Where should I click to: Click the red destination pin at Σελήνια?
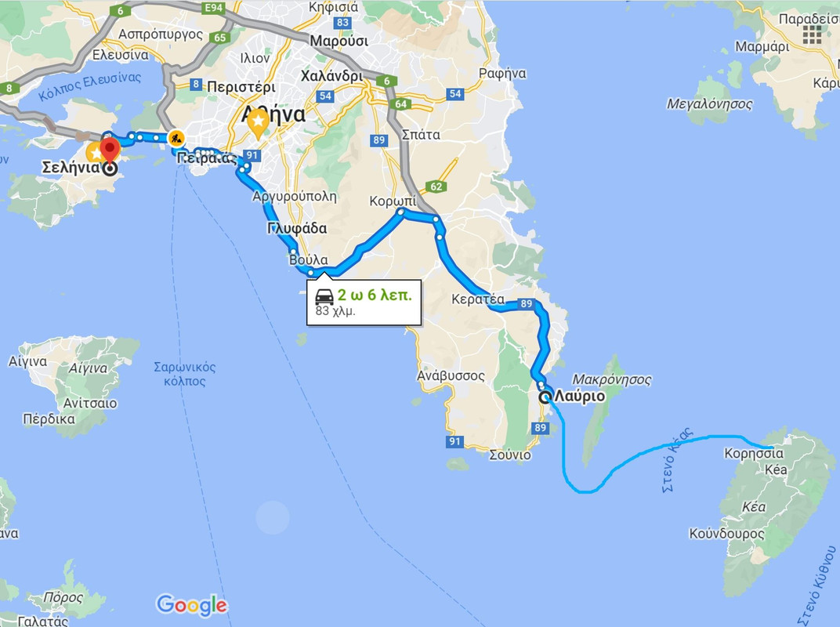click(x=109, y=147)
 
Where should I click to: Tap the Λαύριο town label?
click(x=579, y=397)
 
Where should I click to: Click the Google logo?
click(x=192, y=605)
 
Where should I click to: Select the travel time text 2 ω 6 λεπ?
click(x=375, y=295)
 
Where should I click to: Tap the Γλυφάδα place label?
click(x=296, y=229)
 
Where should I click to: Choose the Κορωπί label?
click(x=393, y=201)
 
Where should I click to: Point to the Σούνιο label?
click(x=509, y=455)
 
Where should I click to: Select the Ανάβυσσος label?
click(x=451, y=375)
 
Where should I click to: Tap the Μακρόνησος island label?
click(x=612, y=379)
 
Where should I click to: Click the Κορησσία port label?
click(x=753, y=453)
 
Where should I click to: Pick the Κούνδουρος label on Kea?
click(x=726, y=534)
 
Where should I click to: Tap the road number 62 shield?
click(x=436, y=187)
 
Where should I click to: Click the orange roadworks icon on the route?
click(x=177, y=139)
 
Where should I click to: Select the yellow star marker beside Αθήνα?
click(x=258, y=123)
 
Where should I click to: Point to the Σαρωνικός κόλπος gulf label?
click(x=185, y=374)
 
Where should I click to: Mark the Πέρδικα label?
click(x=49, y=419)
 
